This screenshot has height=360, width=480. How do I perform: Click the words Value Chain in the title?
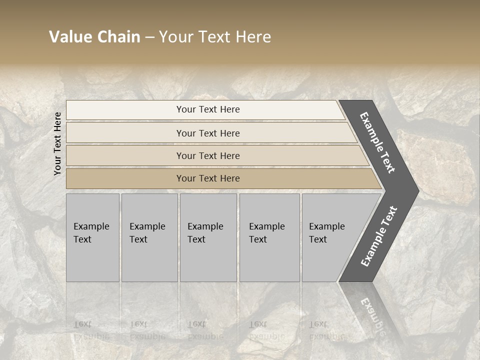(x=94, y=37)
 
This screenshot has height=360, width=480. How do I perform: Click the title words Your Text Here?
(x=215, y=37)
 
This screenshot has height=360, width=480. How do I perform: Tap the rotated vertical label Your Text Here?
(x=57, y=143)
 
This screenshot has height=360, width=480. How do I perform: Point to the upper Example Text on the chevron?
(x=377, y=142)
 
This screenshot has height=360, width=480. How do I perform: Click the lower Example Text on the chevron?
(x=378, y=236)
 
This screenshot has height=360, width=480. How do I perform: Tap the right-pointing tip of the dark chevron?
(x=415, y=190)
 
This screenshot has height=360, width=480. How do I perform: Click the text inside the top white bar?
(x=208, y=109)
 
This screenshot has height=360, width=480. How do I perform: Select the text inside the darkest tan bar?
(x=208, y=178)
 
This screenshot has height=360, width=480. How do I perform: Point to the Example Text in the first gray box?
(x=91, y=233)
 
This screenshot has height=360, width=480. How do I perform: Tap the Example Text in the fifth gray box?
(x=326, y=233)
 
